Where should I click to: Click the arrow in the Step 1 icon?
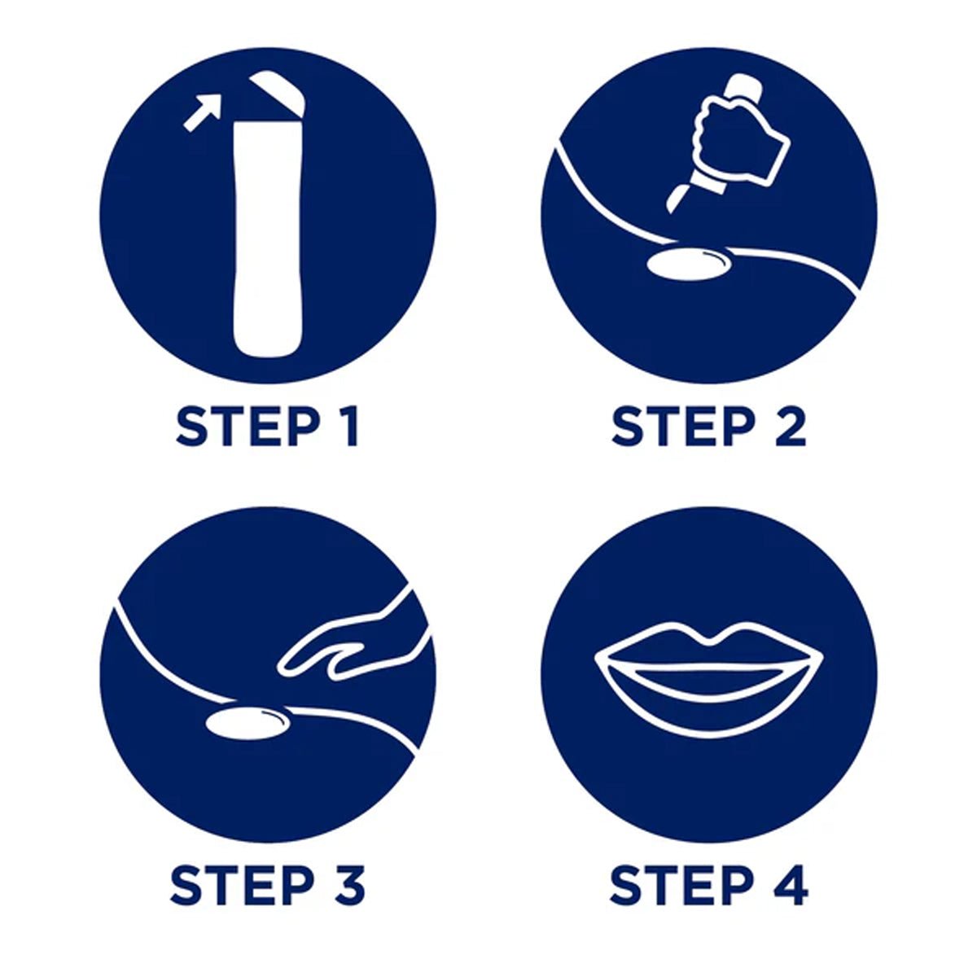click(x=203, y=112)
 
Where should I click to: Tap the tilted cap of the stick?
click(x=278, y=96)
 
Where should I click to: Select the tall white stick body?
click(x=269, y=239)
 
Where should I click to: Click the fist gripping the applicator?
click(x=741, y=137)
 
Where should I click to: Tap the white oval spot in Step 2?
click(x=690, y=263)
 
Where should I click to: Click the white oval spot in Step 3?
click(x=248, y=725)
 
